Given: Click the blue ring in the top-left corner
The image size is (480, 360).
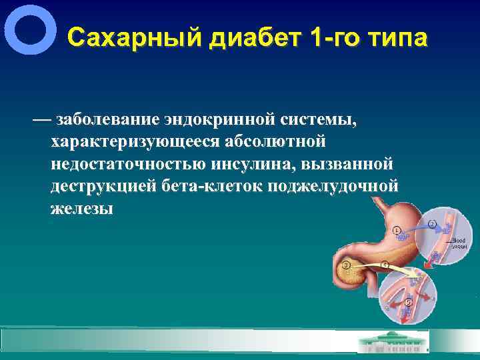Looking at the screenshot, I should click(30, 30).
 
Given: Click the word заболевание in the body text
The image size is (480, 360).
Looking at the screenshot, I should click(107, 120).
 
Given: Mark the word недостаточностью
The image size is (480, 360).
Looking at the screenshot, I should click(127, 164).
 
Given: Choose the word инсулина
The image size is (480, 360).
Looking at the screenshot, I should click(251, 164).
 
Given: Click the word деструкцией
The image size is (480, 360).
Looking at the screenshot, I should click(103, 186).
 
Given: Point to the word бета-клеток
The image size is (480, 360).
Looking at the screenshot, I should click(211, 186).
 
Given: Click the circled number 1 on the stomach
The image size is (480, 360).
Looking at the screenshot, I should click(397, 230).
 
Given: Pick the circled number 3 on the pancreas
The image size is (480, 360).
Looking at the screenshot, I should click(345, 266).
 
